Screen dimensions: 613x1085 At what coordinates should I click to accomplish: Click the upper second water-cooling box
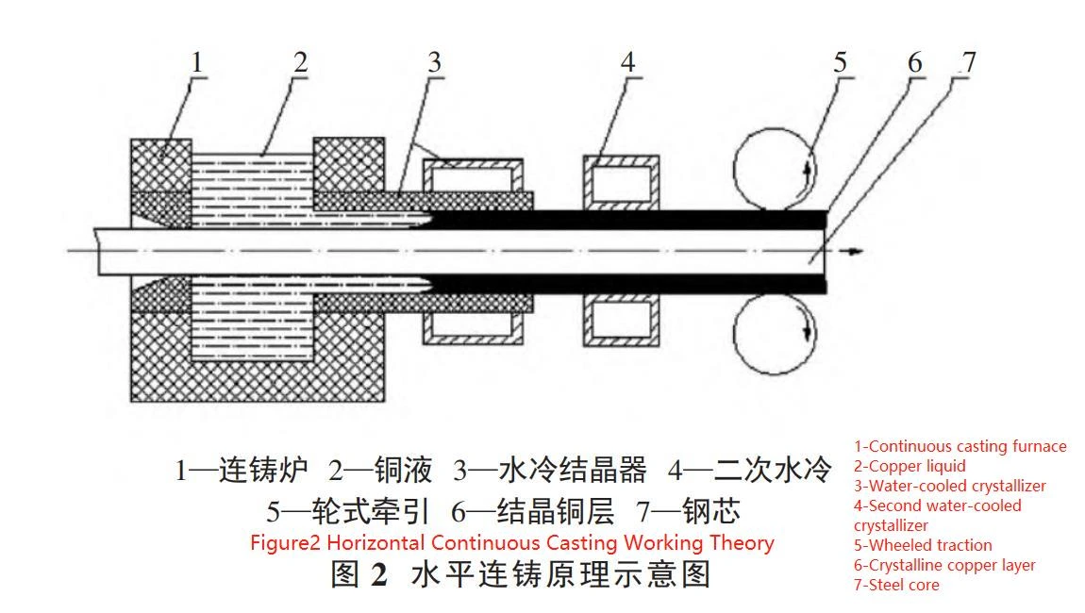619,179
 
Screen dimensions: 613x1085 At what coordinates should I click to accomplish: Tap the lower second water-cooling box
619,321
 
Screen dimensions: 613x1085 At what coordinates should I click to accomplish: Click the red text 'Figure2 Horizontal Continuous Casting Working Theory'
511,543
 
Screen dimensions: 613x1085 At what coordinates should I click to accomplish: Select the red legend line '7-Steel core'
896,585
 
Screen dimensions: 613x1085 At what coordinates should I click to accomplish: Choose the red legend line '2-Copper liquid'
910,466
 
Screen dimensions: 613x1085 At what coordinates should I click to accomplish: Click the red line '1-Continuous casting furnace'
960,446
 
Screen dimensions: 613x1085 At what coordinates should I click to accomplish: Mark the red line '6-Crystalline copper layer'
944,565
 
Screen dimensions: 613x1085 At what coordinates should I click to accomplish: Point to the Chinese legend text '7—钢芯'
688,512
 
